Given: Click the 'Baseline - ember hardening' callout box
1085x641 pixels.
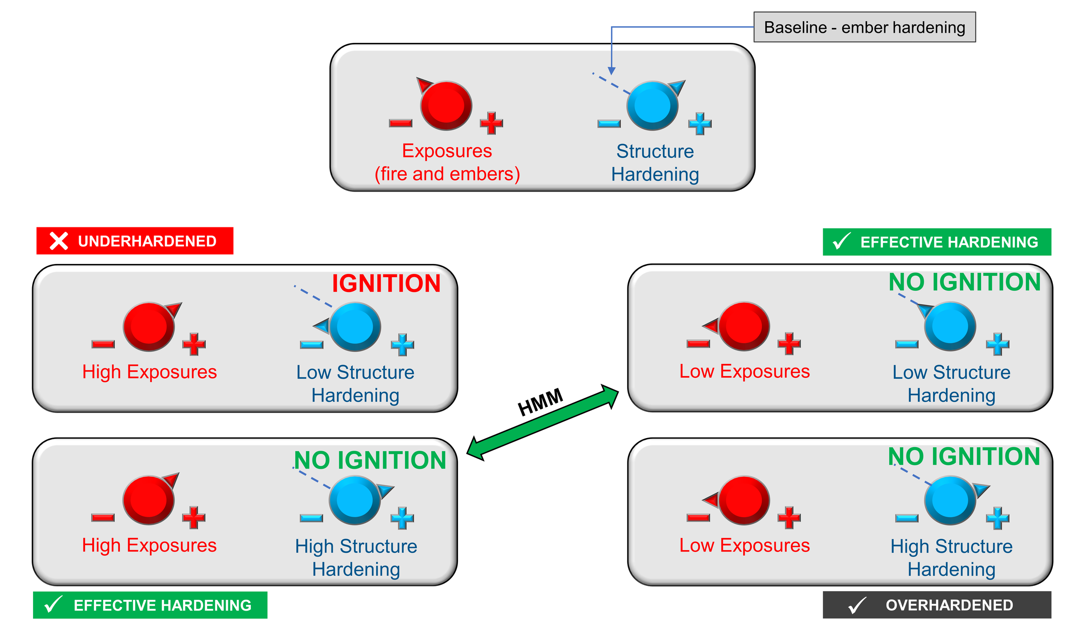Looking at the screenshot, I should coord(864,27).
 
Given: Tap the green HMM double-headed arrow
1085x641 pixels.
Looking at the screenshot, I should coord(542,423).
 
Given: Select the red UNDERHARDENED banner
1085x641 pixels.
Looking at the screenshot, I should coord(135,241).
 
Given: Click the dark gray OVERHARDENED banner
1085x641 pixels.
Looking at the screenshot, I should coord(936,605).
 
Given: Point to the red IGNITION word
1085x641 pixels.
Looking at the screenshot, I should coord(386,283).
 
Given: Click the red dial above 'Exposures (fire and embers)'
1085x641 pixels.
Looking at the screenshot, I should coord(446,106).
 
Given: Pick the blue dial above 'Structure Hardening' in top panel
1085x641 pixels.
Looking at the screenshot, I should coord(652,106).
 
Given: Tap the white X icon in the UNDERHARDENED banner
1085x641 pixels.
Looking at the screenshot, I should coord(59,241).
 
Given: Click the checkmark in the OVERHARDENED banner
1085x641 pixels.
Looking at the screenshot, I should coord(857,605).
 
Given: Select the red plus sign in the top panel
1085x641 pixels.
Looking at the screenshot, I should coord(491,123).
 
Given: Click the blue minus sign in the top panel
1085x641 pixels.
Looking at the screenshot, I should coord(609,123).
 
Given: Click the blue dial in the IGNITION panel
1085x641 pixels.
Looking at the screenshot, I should coord(355,327).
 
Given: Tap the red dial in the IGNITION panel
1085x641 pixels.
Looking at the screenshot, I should coord(149,327).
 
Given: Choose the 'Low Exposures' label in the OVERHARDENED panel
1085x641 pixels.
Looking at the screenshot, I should coord(744,545).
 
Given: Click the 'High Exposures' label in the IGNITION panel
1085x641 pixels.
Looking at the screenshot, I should coord(149,372).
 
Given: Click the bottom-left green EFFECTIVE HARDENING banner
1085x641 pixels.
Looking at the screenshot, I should coord(150,605).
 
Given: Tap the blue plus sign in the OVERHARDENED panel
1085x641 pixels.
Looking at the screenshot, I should coord(997,518).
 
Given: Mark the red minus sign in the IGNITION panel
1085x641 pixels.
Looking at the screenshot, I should coord(103,344).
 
